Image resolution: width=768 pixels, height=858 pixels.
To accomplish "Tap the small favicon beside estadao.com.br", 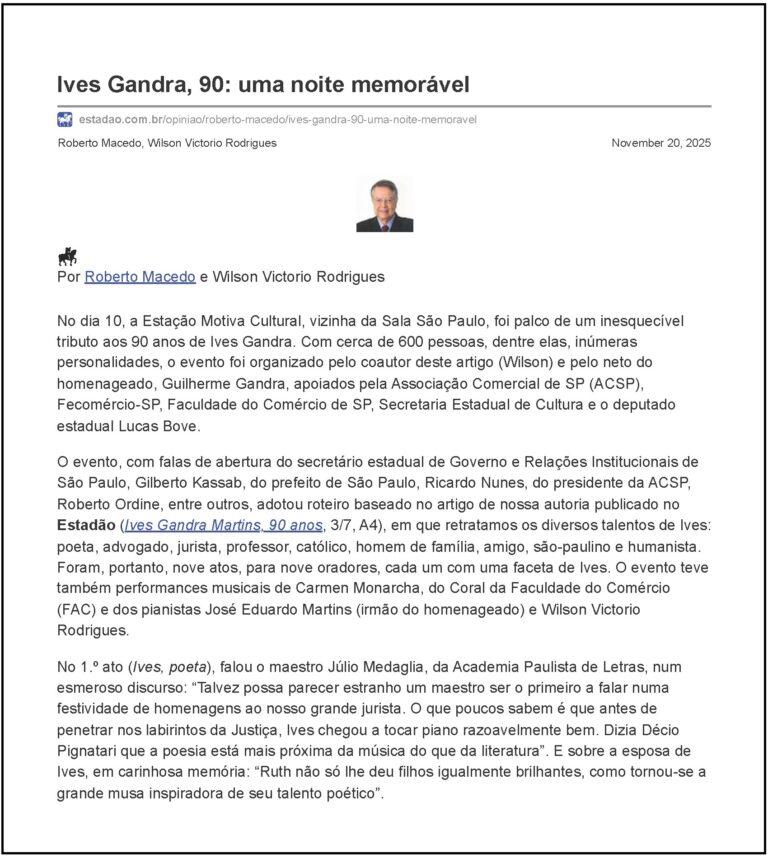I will click(65, 120).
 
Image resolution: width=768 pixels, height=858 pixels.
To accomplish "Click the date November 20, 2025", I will click(661, 143).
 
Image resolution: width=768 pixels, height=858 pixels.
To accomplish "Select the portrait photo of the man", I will click(384, 205).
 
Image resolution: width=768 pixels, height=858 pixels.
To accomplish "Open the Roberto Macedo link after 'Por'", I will click(139, 277).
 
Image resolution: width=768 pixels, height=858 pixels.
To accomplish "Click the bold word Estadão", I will click(86, 525).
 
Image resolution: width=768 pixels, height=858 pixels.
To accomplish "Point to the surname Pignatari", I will click(95, 751).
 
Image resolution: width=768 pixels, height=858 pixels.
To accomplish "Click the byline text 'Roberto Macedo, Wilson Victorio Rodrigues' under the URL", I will click(167, 143).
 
